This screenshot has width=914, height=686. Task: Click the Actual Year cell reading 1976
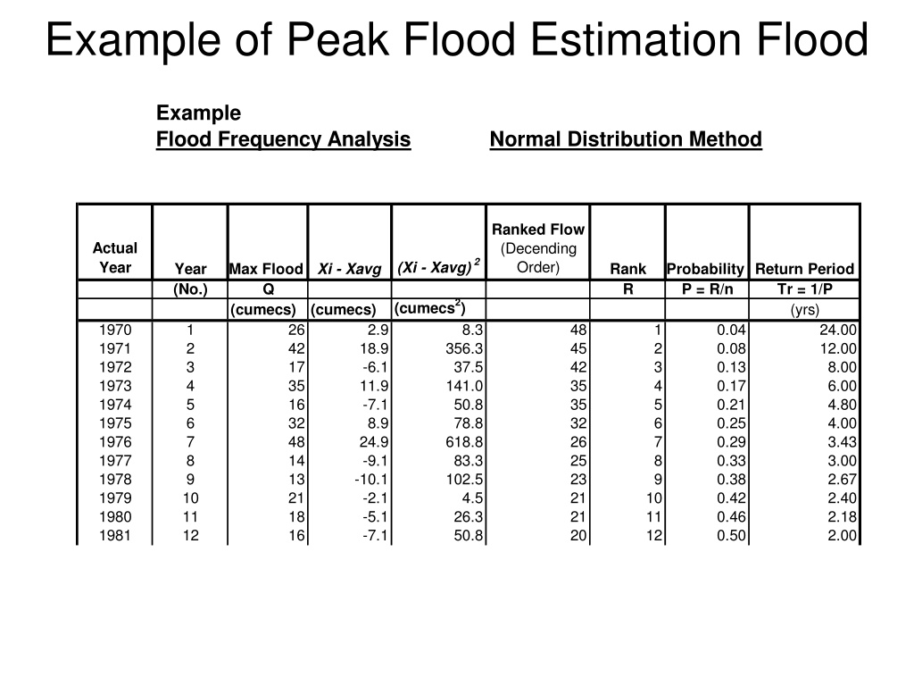click(115, 442)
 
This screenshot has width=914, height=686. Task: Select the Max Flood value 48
click(296, 442)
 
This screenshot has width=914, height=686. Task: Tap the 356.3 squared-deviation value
click(464, 349)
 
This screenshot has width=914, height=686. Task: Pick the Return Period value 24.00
click(838, 330)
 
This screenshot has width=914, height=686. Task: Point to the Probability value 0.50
click(732, 536)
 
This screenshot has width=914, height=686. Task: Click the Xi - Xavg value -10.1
click(371, 480)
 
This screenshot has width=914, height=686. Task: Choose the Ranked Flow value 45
click(578, 349)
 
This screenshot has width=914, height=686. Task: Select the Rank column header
click(627, 269)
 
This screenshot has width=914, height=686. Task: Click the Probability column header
click(706, 269)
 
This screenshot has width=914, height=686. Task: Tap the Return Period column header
click(804, 269)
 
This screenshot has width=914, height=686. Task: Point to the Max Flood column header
click(266, 269)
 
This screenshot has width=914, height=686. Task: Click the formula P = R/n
click(707, 289)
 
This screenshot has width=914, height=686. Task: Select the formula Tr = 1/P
click(805, 289)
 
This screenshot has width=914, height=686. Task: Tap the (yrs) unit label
click(805, 310)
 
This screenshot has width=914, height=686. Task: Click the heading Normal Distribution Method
click(626, 139)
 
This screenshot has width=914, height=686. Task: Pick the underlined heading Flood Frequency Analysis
click(283, 139)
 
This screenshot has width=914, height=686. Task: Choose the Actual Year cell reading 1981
click(115, 536)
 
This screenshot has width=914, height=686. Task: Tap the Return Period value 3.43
click(843, 442)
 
